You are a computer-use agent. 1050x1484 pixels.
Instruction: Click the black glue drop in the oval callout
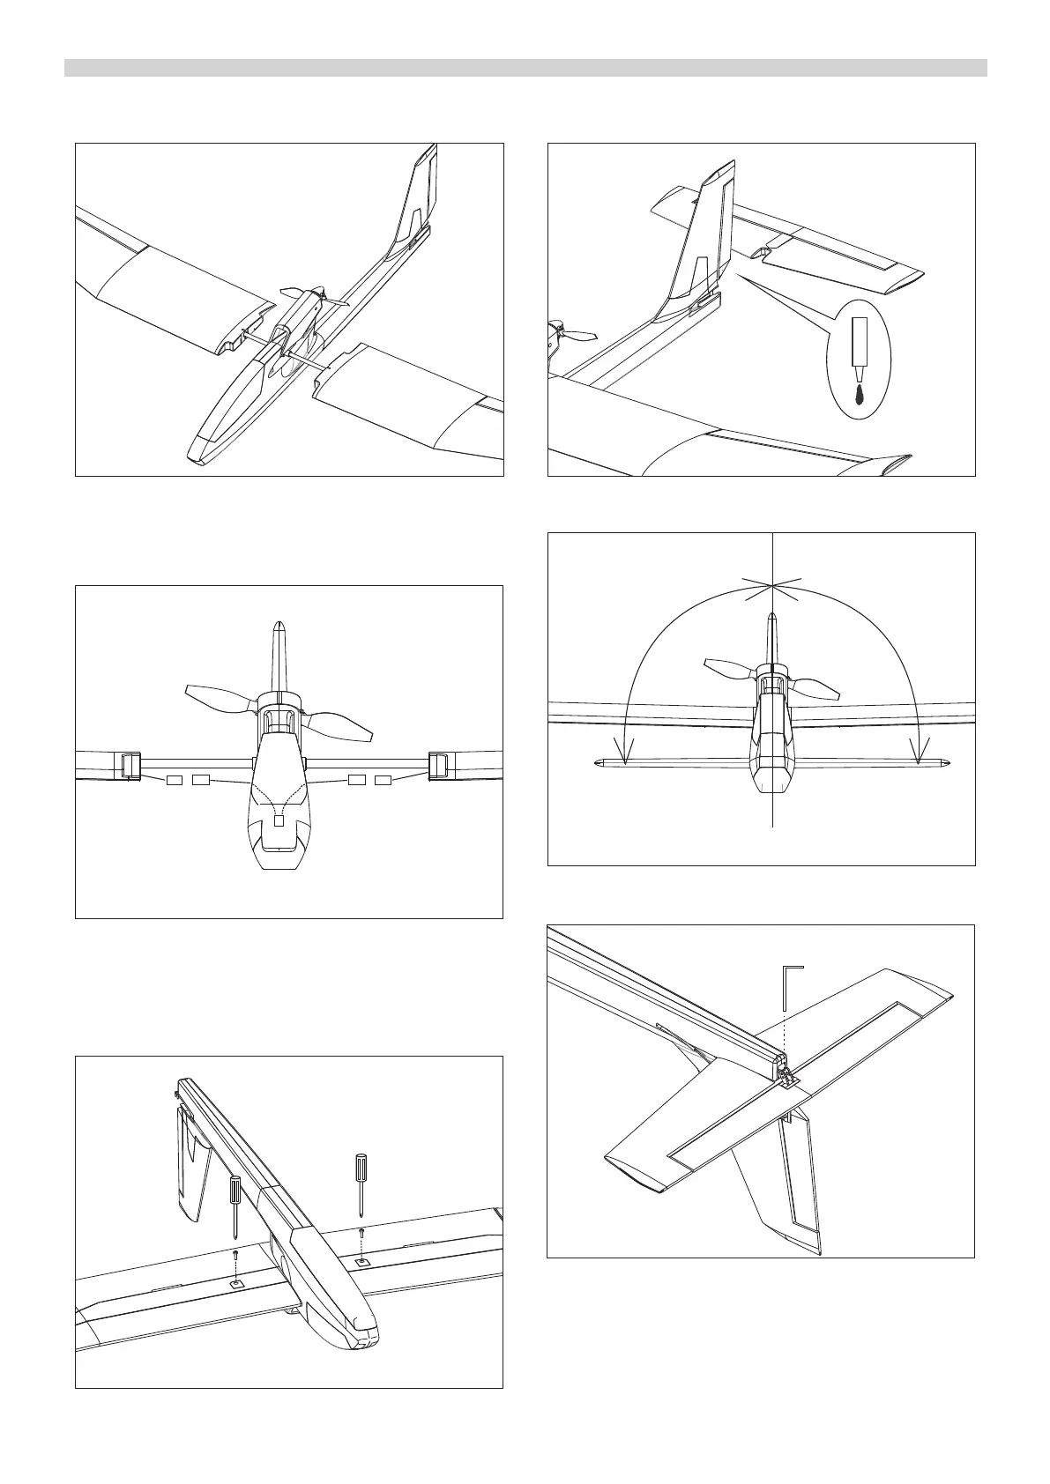coord(860,394)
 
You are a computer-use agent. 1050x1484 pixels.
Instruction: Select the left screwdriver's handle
coord(235,1190)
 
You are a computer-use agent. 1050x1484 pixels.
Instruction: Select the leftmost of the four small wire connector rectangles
coord(174,780)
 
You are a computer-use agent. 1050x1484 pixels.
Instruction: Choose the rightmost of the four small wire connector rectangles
coord(384,780)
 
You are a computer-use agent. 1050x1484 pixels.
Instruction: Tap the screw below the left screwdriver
coord(235,1252)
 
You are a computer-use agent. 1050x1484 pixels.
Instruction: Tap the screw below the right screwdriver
coord(361,1232)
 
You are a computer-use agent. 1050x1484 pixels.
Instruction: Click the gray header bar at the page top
coord(525,68)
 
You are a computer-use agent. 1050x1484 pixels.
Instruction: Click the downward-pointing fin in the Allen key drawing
coord(798,1190)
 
